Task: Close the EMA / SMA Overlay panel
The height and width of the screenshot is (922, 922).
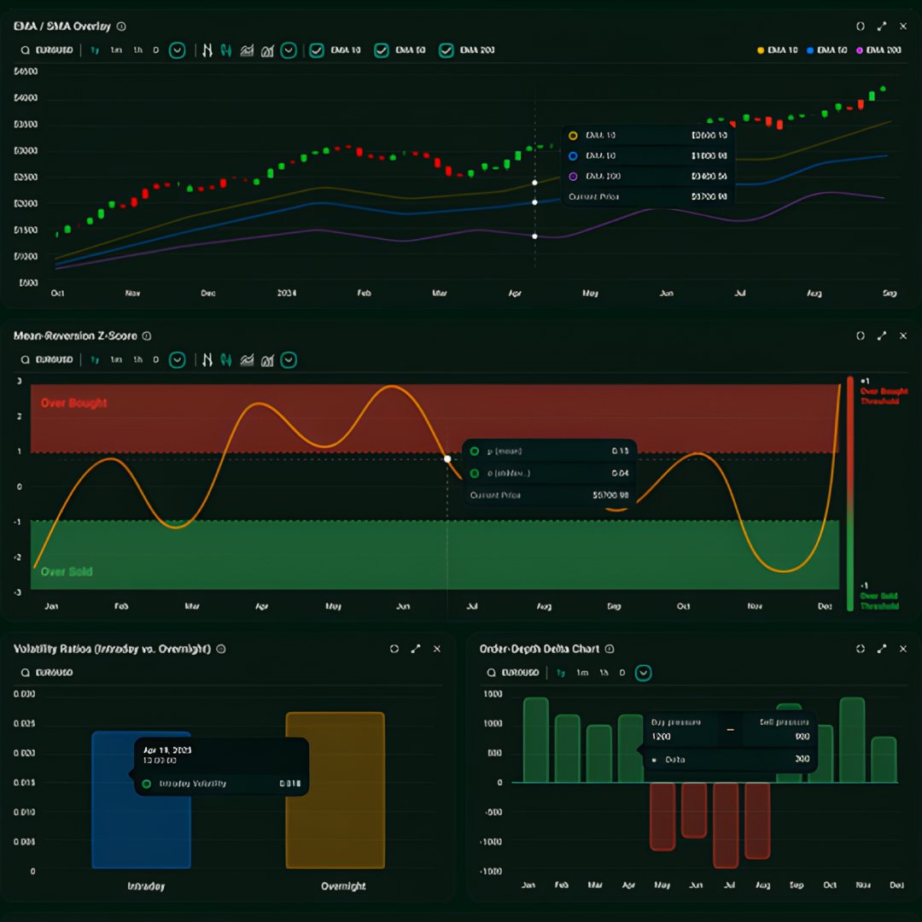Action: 903,26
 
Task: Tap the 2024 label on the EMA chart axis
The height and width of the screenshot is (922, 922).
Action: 287,293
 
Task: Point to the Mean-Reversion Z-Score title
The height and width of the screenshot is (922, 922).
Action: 75,336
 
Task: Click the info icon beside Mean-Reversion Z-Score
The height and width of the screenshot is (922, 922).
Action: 147,336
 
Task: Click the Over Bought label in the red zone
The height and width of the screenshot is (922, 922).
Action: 73,403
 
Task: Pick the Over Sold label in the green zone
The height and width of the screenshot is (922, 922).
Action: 67,572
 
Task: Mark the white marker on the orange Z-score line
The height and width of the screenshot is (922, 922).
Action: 447,459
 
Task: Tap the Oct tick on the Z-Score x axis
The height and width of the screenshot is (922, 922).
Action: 683,606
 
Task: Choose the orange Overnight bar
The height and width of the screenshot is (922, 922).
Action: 335,791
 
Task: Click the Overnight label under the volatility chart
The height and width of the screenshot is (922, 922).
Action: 343,886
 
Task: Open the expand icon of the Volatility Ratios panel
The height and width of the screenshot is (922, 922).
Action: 416,649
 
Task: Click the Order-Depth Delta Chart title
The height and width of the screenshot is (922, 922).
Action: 539,649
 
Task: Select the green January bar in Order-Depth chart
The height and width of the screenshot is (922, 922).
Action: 535,740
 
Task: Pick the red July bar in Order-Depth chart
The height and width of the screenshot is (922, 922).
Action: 725,825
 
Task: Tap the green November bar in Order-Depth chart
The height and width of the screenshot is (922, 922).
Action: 852,740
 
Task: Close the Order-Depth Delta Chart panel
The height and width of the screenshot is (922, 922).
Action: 903,649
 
